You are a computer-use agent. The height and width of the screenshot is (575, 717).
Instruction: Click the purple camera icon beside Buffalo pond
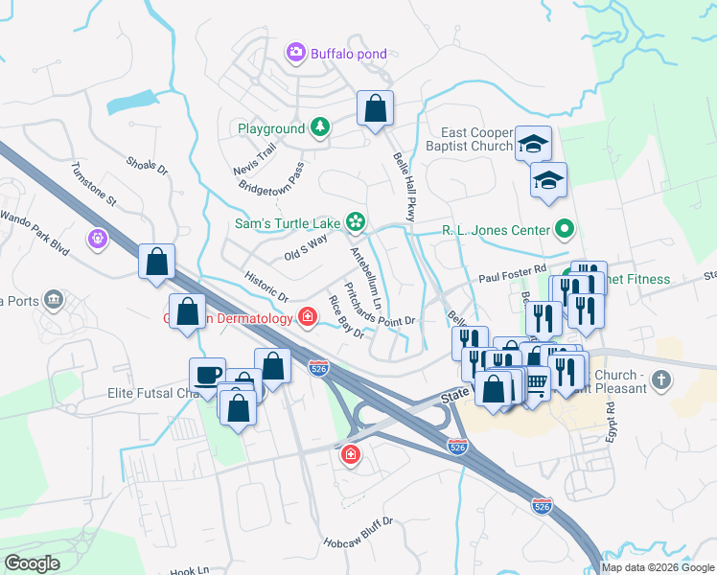click(x=295, y=52)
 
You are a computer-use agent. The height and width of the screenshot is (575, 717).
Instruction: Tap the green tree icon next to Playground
click(x=318, y=126)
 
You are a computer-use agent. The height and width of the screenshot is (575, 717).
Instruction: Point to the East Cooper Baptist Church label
click(x=476, y=140)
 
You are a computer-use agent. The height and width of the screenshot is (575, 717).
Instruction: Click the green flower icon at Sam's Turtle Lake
click(x=355, y=222)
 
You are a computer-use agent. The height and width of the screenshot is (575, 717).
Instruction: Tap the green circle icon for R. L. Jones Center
click(x=565, y=229)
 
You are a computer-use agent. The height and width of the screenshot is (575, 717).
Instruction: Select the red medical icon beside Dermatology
click(x=308, y=316)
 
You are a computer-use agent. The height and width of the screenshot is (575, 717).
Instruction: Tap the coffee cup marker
click(x=207, y=374)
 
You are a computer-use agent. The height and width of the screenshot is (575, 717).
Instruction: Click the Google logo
click(x=32, y=563)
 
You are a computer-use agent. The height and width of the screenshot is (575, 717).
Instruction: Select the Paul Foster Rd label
click(x=512, y=269)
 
